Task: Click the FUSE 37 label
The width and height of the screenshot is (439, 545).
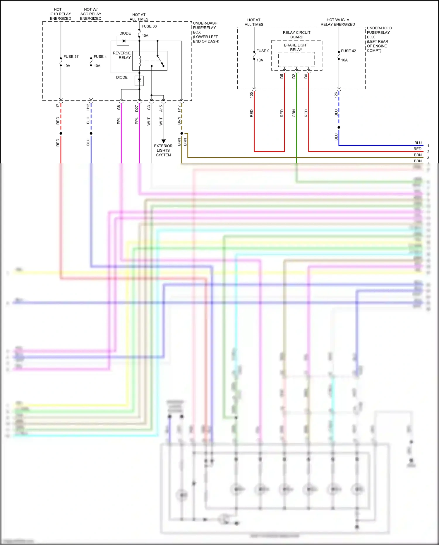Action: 71,57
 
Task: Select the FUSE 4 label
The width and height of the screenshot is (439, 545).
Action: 100,57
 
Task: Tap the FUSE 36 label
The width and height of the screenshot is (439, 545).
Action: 149,26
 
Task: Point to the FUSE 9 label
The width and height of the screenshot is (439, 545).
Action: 263,51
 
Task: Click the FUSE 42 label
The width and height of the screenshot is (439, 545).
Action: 348,51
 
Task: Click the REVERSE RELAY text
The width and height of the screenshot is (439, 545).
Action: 122,55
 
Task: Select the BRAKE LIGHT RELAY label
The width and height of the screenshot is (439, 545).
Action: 296,47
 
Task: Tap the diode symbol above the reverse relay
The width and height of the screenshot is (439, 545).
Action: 123,41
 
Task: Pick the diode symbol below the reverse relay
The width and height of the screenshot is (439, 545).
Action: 139,80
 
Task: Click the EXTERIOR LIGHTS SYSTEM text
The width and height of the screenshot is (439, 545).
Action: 163,150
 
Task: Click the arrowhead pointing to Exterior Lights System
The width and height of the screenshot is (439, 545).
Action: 163,141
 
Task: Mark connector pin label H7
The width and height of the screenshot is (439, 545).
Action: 58,106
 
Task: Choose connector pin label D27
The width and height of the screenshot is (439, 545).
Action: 137,109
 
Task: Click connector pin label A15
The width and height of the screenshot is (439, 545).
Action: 161,108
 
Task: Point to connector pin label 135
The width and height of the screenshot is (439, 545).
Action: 251,95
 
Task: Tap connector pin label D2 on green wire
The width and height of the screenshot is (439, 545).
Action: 294,76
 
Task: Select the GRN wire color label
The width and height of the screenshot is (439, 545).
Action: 294,113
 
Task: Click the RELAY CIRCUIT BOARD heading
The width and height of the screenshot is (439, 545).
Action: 296,35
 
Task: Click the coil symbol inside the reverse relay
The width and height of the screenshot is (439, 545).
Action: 140,61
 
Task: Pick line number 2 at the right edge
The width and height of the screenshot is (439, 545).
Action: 428,152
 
